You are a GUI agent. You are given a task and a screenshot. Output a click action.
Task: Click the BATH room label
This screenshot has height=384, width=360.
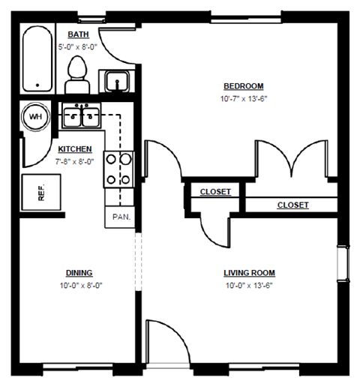[77, 35]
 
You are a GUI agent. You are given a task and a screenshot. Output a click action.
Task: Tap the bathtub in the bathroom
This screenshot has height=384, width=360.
[36, 58]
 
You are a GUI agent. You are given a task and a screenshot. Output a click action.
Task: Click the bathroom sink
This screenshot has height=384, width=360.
[116, 80]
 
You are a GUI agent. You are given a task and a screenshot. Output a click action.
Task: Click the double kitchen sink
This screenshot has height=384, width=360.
[82, 116]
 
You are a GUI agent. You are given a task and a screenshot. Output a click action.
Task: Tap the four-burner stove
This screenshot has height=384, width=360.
[118, 168]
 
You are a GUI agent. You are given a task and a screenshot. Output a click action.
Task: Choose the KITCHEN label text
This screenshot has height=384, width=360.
[75, 149]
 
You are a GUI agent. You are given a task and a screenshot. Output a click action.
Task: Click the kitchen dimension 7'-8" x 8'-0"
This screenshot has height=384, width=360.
[75, 160]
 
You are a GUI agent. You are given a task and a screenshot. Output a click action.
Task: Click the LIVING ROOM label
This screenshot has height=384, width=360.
[250, 272]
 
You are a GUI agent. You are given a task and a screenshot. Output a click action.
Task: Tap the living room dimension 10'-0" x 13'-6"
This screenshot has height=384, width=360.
[250, 285]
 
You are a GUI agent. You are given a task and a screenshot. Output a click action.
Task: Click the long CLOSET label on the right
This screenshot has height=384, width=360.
[292, 205]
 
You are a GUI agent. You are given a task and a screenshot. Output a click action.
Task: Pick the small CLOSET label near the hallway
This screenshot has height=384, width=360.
[215, 192]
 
